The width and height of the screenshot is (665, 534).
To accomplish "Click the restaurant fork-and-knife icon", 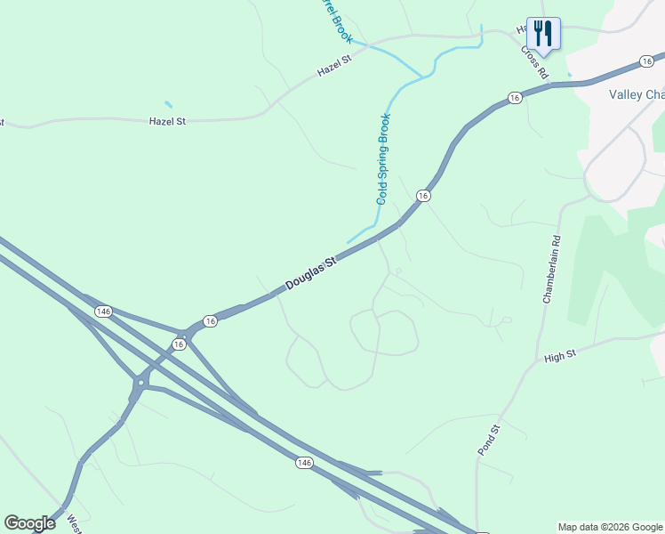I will point(542,34).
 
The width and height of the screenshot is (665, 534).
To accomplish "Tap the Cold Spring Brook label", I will point(384,158).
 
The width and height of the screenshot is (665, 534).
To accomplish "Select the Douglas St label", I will point(311,274).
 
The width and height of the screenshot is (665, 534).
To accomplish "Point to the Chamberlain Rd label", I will point(551,269).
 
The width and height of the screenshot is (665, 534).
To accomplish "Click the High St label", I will point(560,355).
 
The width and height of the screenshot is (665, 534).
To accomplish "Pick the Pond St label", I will point(490,440).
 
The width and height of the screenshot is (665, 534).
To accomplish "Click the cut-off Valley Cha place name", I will point(636,95).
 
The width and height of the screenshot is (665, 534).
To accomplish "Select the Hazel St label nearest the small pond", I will point(167,118).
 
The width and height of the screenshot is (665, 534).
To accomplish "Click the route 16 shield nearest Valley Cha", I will point(646,61).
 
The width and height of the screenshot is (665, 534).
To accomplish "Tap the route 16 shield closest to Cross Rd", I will point(515,97).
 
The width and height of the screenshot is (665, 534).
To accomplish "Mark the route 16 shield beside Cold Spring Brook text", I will point(423,195).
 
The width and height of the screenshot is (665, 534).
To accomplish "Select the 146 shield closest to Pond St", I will point(305,463).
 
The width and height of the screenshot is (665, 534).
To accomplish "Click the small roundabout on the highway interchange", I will point(140,384).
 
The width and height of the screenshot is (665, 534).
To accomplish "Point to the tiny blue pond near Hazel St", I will point(168,104).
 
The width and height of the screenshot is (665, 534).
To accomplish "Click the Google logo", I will point(29,523).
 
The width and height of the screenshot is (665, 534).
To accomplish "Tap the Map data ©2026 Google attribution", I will point(611,527).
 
